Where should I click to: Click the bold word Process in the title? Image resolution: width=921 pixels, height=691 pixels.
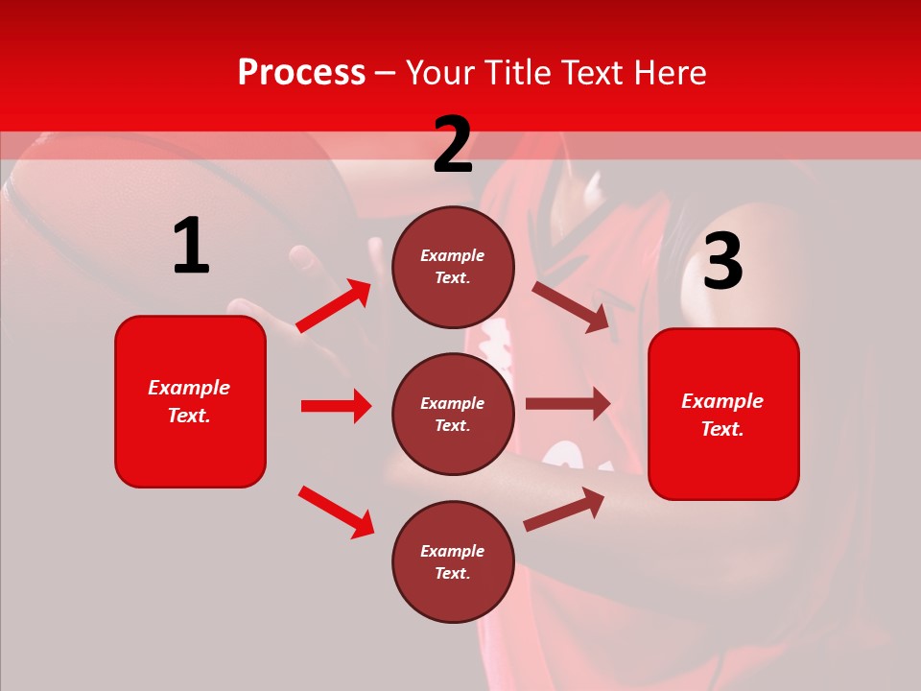301,73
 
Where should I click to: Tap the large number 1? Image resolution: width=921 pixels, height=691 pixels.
190,247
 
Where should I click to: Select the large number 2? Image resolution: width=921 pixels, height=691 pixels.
453,145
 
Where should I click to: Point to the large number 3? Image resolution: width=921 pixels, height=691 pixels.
722,262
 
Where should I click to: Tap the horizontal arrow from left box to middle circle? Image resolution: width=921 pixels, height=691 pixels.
336,406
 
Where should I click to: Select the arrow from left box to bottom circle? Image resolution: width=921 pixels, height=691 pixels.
336,512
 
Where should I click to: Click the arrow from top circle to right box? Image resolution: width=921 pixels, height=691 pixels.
571,306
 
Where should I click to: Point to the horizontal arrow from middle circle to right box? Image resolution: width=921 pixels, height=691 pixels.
568,404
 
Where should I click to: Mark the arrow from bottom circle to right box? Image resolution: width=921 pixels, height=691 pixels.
564,510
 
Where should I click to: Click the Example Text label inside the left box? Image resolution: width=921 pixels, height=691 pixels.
189,401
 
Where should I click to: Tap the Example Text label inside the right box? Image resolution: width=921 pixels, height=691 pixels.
722,415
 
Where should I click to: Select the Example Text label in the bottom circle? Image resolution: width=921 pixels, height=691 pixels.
453,562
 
